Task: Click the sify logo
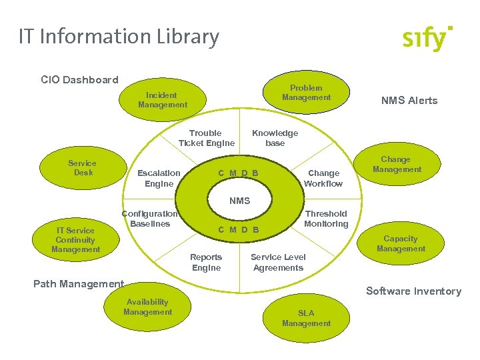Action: pyautogui.click(x=427, y=39)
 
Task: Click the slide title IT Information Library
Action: pyautogui.click(x=119, y=37)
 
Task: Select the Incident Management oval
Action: pyautogui.click(x=163, y=100)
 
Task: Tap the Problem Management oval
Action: pyautogui.click(x=306, y=93)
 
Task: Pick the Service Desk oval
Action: pyautogui.click(x=82, y=168)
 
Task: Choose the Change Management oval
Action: pyautogui.click(x=396, y=164)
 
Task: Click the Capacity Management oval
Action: pyautogui.click(x=401, y=243)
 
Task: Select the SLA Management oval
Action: pyautogui.click(x=306, y=318)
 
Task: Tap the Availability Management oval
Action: pyautogui.click(x=148, y=307)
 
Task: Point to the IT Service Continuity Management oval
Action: pyautogui.click(x=76, y=240)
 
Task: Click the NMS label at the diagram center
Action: pyautogui.click(x=239, y=201)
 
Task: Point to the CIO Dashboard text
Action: pyautogui.click(x=79, y=80)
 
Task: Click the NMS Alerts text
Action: pyautogui.click(x=409, y=101)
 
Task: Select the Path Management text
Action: pyautogui.click(x=79, y=284)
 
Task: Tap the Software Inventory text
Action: pyautogui.click(x=413, y=291)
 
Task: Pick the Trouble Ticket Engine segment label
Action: pyautogui.click(x=206, y=138)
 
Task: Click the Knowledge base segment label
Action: pyautogui.click(x=275, y=138)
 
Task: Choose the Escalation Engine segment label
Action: pyautogui.click(x=159, y=178)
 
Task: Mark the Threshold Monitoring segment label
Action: pyautogui.click(x=326, y=219)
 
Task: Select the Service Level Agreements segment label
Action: pyautogui.click(x=278, y=263)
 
